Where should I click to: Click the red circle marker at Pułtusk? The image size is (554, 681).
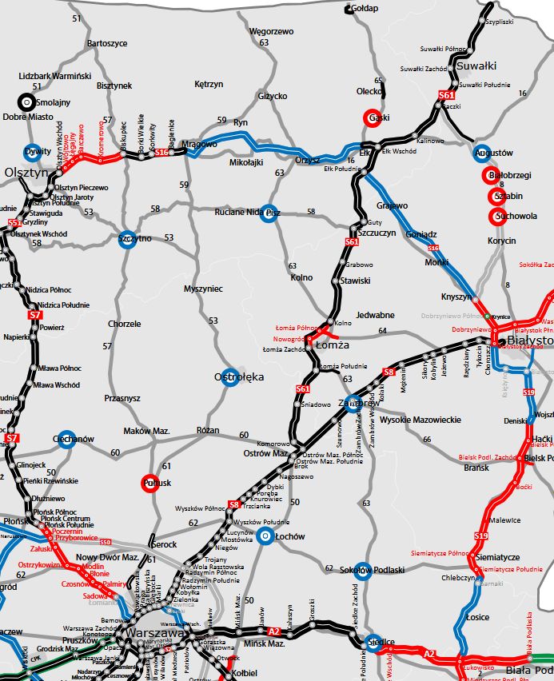pyautogui.click(x=150, y=482)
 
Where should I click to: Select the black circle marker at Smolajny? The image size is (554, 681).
pyautogui.click(x=26, y=102)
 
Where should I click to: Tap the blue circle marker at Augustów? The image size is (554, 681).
pyautogui.click(x=481, y=153)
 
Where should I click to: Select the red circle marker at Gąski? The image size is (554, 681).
pyautogui.click(x=372, y=117)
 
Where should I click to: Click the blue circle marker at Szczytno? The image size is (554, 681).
pyautogui.click(x=125, y=239)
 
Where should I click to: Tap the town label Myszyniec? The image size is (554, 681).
pyautogui.click(x=202, y=289)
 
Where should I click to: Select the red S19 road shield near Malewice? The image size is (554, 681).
pyautogui.click(x=481, y=536)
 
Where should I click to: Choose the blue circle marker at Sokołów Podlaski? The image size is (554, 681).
pyautogui.click(x=364, y=569)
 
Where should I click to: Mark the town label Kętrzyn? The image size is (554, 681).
pyautogui.click(x=209, y=84)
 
